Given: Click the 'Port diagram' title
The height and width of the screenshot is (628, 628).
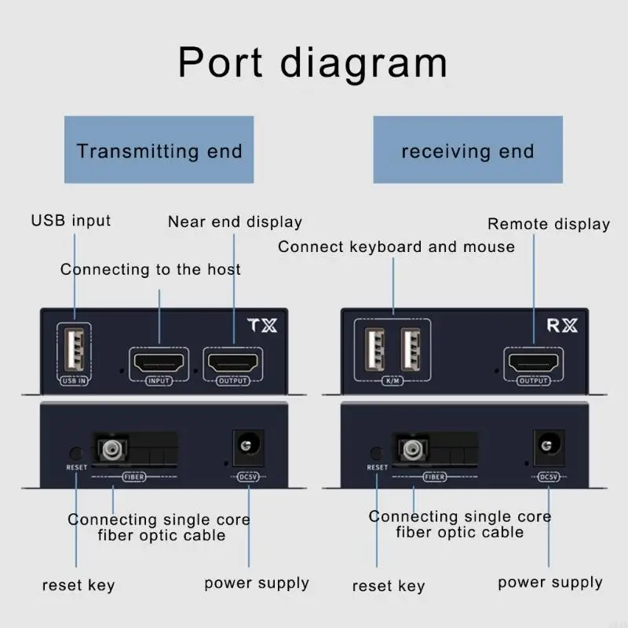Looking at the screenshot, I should coord(312,63).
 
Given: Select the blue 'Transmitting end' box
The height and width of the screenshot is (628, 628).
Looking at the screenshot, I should coord(159,150).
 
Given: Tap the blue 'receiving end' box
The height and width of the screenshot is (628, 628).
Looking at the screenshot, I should coord(468,150).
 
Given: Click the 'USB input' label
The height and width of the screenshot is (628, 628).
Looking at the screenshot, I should coord(71,221).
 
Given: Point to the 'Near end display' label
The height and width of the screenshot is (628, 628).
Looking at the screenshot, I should coord(235,222).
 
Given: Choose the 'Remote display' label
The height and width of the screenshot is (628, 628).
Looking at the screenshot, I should coord(549,225).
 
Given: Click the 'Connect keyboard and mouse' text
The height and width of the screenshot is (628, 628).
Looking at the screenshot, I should coord(396,246).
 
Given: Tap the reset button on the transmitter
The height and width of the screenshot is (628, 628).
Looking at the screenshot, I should coord(76,453).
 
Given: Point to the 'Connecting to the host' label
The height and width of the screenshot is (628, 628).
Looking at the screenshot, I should coord(151,270).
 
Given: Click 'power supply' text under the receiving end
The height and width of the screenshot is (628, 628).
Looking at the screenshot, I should coord(550,582).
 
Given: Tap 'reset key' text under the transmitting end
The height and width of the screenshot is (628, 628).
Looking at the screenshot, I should coord(78,586).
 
